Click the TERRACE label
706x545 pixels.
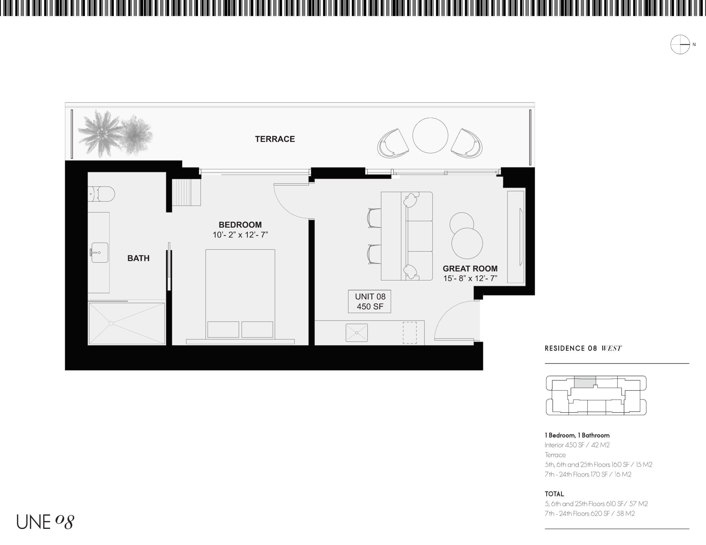(x=275, y=139)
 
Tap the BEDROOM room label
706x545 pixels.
(x=240, y=225)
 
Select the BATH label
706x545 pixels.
(x=138, y=258)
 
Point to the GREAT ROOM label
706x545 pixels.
(x=470, y=268)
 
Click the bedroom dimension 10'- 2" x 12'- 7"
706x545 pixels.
(x=240, y=235)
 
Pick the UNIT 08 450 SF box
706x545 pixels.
(x=370, y=301)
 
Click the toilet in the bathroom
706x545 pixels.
(x=101, y=194)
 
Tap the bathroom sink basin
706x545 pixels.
(x=99, y=253)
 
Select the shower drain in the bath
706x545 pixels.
(x=111, y=323)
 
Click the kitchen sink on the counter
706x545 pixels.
(x=357, y=332)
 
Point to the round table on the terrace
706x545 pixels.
(x=430, y=135)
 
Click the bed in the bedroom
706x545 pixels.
(x=240, y=294)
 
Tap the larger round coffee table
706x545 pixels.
(x=467, y=243)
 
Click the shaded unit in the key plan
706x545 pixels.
(x=585, y=382)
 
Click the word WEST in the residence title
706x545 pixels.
(x=611, y=348)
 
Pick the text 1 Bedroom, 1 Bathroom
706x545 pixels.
(x=577, y=435)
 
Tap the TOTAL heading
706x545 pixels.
(x=554, y=494)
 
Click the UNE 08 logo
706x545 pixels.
(x=46, y=522)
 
